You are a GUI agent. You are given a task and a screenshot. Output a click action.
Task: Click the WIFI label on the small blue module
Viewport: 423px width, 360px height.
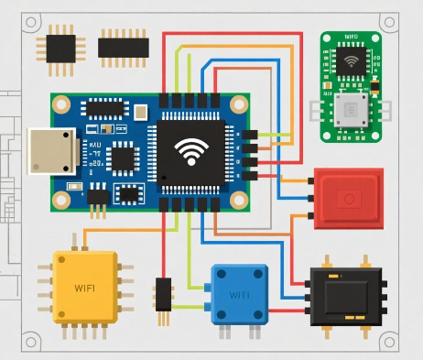point(239,295)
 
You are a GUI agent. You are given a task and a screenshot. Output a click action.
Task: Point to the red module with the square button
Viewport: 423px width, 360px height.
point(347,198)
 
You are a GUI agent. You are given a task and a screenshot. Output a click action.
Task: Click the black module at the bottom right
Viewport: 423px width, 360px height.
point(345,298)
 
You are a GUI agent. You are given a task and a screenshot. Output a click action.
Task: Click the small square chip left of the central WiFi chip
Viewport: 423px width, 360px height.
point(122,158)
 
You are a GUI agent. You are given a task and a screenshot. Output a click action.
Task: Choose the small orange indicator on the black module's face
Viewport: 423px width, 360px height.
point(351,314)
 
